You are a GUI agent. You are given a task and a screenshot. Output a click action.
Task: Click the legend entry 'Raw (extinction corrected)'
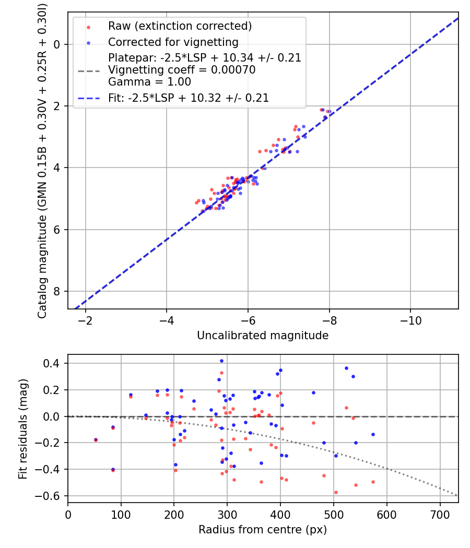click(x=180, y=26)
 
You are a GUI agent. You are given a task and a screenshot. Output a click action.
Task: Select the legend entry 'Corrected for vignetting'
click(x=173, y=42)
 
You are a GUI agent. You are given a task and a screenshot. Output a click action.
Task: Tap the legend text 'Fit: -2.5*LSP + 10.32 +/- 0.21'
click(x=189, y=98)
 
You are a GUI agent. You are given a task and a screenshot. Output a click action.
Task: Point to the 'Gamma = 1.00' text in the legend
click(x=149, y=82)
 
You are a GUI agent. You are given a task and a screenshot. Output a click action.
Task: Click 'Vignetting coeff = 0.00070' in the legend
click(x=182, y=70)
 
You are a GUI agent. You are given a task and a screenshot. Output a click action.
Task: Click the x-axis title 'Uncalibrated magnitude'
click(x=263, y=336)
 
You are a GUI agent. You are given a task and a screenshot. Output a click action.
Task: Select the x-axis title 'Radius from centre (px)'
click(x=263, y=530)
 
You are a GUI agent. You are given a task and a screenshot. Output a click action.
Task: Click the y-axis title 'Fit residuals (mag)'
click(x=22, y=429)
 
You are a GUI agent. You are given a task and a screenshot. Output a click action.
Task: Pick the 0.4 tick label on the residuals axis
click(x=53, y=363)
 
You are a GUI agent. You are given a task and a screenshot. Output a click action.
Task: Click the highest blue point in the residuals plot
click(x=221, y=361)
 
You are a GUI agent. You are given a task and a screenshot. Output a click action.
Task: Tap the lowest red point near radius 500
click(x=336, y=492)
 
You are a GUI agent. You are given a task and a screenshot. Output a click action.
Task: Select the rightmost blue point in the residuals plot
click(x=373, y=434)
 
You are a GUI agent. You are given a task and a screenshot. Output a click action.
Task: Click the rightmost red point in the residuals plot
click(x=373, y=482)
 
